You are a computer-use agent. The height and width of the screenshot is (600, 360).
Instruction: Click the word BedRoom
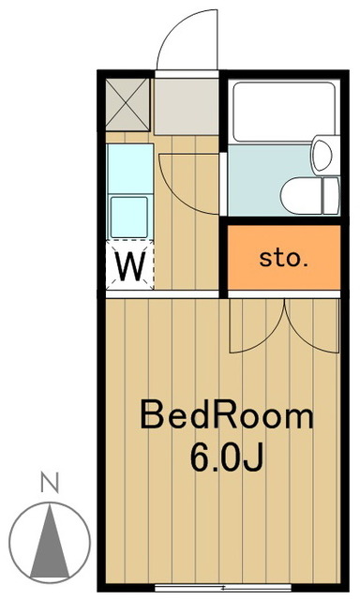pos(226,415)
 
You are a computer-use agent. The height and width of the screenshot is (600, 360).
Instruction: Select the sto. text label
pos(283,259)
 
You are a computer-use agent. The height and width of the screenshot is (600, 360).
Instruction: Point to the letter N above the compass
pos(51,484)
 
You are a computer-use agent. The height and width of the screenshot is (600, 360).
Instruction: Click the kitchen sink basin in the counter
pos(129,217)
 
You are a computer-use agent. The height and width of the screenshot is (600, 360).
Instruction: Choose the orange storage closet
pos(284,259)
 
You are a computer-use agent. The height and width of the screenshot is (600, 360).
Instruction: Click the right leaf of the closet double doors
pos(314,328)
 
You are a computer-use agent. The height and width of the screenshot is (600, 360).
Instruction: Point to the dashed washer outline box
pos(129,266)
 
